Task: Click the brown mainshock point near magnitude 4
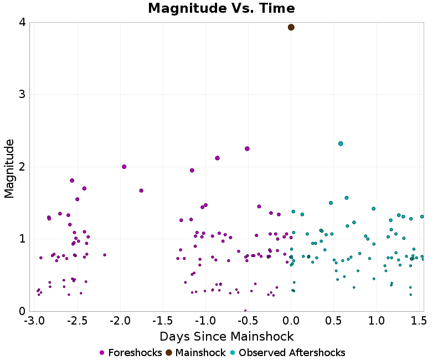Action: (x=291, y=27)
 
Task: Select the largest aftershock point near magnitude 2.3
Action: (x=341, y=143)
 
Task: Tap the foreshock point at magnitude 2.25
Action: (x=247, y=148)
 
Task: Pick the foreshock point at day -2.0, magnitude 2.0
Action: (x=124, y=167)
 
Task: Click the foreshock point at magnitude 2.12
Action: (x=217, y=158)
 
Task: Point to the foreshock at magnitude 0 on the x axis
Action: (x=245, y=311)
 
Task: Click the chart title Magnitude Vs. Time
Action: (x=221, y=8)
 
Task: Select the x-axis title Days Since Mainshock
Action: (x=226, y=337)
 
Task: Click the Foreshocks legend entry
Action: (x=131, y=353)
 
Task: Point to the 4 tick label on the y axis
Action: (x=22, y=23)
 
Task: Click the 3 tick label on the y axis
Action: (x=22, y=95)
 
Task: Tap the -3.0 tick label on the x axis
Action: (x=34, y=321)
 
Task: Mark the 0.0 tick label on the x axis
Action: (x=291, y=321)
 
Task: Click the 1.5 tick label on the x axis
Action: (x=419, y=321)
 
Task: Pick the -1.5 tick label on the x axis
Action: (x=162, y=321)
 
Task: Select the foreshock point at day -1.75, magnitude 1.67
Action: (x=141, y=191)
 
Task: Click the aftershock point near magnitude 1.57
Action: (x=347, y=198)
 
